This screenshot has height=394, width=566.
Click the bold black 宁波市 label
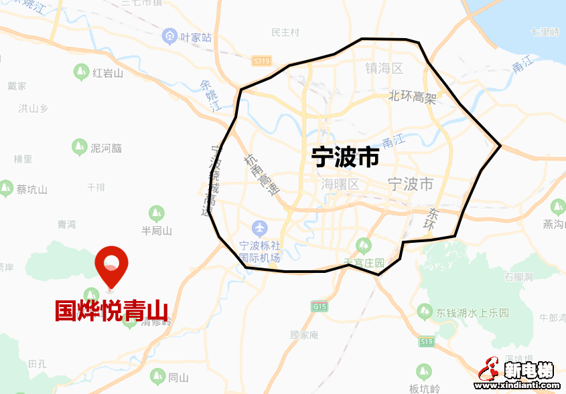point(345,157)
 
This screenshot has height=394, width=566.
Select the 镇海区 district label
point(384,68)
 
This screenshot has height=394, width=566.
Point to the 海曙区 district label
point(340,184)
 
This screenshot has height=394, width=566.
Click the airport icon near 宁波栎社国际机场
point(259,229)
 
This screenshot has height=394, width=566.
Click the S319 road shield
point(261,61)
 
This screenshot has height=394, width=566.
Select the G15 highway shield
point(320,306)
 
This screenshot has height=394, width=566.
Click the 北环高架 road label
point(413,97)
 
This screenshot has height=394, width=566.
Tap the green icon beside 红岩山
point(82,72)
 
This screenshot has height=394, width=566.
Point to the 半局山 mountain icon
point(156,213)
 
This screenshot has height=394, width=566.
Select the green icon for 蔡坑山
point(6,188)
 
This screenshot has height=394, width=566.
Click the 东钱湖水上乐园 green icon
point(424,312)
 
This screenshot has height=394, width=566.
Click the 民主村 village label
point(285,32)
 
